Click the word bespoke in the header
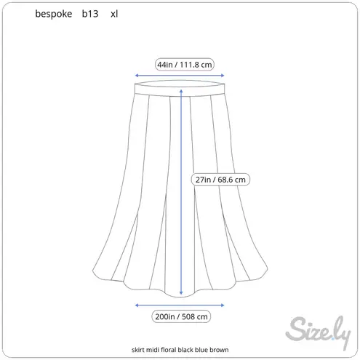tap(54, 14)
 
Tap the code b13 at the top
tap(90, 14)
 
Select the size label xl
tap(114, 14)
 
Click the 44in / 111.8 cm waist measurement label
tap(185, 65)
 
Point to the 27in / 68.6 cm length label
tap(220, 180)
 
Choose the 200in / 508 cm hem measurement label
tap(181, 316)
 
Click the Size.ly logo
tap(318, 332)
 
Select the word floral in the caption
tap(169, 350)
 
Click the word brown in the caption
tap(219, 350)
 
